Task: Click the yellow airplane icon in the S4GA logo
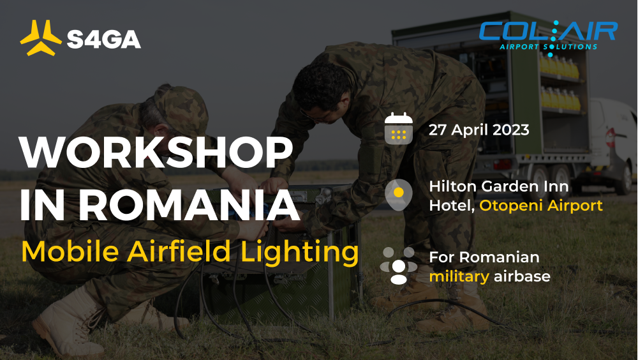pyautogui.click(x=41, y=38)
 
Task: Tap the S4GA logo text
pyautogui.click(x=104, y=39)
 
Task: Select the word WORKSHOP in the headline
pyautogui.click(x=156, y=153)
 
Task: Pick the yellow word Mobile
pyautogui.click(x=70, y=251)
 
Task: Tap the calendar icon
pyautogui.click(x=399, y=129)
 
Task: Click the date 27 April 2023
pyautogui.click(x=479, y=130)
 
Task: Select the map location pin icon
pyautogui.click(x=399, y=195)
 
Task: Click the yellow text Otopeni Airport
pyautogui.click(x=541, y=206)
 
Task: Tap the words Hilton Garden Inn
pyautogui.click(x=499, y=186)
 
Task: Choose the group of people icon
pyautogui.click(x=399, y=266)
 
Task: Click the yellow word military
pyautogui.click(x=459, y=277)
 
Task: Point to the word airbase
pyautogui.click(x=522, y=276)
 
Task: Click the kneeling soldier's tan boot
pyautogui.click(x=67, y=322)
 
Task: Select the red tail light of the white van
pyautogui.click(x=610, y=138)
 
